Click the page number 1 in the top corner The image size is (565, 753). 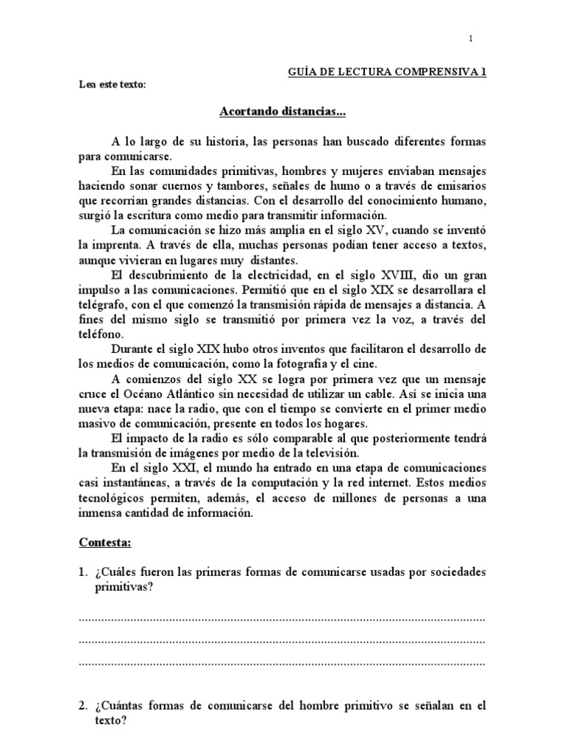click(471, 38)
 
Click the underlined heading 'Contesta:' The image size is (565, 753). click(105, 543)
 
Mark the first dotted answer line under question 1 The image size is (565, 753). click(282, 618)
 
